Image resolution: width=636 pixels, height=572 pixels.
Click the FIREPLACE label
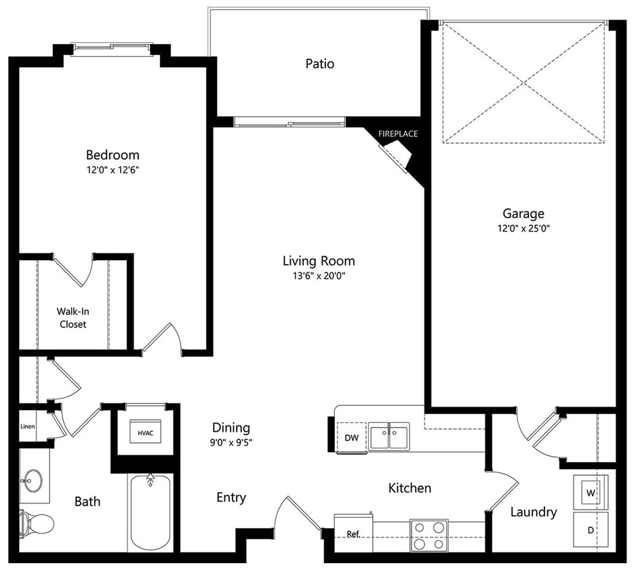point(398,134)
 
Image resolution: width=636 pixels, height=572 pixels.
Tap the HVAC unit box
point(145,432)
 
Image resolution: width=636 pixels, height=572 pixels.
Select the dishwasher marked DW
point(351,438)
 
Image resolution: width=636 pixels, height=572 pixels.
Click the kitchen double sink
point(389,435)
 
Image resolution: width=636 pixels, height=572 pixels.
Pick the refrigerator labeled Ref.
point(353,533)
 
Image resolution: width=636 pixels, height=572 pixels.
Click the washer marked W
point(590,492)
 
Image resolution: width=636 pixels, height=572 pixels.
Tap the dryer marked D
point(590,529)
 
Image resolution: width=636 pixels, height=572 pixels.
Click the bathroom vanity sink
point(31,481)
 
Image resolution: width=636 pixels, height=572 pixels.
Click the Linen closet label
point(28,427)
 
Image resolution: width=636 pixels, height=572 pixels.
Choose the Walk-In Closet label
point(72,318)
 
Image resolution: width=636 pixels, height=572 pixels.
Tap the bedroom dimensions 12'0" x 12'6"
point(113,170)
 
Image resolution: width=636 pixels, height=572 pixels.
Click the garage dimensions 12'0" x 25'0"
point(523,228)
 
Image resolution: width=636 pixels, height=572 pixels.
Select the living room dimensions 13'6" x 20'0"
point(319,276)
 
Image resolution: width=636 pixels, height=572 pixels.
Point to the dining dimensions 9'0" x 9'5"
point(231,443)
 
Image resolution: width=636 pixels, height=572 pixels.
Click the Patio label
point(319,64)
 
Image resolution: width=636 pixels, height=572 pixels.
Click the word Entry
point(231,497)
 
